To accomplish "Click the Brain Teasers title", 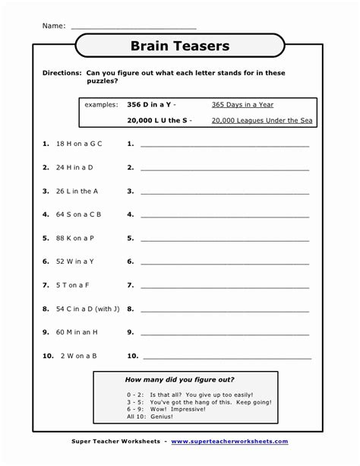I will tap(180, 46).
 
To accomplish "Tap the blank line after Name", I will tap(133, 28).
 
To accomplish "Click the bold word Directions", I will tap(62, 73).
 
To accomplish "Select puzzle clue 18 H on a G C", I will tap(79, 144).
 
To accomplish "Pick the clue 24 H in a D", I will tap(74, 167).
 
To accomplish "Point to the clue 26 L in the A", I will tap(77, 191).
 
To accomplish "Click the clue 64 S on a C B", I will tap(79, 214).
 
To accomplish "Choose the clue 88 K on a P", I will tap(75, 238).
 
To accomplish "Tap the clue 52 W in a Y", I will tap(75, 262).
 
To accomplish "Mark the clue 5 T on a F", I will tap(73, 285).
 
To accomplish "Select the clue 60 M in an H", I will tap(77, 332).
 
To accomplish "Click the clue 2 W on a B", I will tap(78, 356).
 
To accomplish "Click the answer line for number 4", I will tap(225, 217).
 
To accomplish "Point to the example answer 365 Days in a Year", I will tap(242, 104).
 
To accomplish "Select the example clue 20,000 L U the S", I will tap(159, 120).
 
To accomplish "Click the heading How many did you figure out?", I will tap(179, 379).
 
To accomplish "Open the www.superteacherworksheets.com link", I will tap(229, 441).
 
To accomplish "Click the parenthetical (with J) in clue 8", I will tap(108, 309).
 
